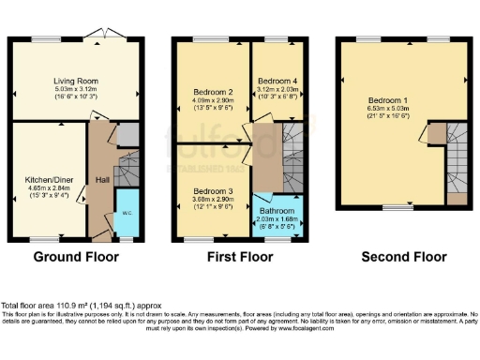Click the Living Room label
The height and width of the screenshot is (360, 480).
(x=75, y=82)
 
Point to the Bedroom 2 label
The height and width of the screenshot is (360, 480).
(x=211, y=92)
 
